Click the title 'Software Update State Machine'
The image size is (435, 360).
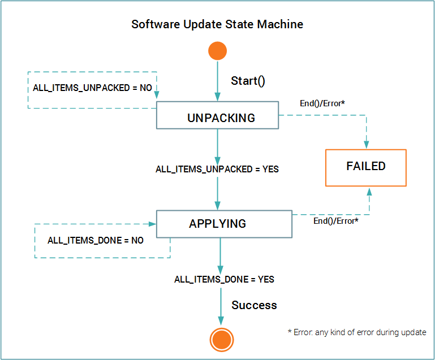pos(217,24)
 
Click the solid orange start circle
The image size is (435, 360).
pos(217,51)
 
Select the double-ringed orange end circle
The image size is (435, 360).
pos(221,340)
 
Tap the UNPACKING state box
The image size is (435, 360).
pos(217,118)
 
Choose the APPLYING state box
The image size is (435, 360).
pos(224,224)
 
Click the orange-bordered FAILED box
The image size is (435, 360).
pos(365,167)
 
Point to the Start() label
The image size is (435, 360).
pos(248,80)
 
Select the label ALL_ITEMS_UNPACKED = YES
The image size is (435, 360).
pos(217,169)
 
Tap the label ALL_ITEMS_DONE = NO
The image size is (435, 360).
pos(96,240)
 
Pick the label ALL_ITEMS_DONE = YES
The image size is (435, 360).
pos(224,279)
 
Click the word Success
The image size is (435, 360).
pos(254,305)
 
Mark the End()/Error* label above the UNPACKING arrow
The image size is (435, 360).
pos(322,104)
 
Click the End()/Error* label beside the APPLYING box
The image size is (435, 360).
pos(335,220)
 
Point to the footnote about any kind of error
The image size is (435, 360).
pos(357,332)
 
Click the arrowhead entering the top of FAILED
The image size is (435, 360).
pos(366,145)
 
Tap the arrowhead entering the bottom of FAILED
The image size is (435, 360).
pos(369,191)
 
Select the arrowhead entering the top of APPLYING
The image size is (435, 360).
pos(218,206)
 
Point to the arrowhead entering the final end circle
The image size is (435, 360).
pos(221,323)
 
